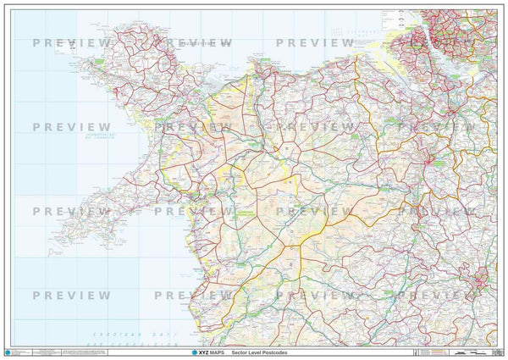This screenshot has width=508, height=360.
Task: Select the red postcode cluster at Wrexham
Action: click(x=435, y=158)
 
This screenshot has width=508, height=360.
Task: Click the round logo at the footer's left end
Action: click(x=10, y=350)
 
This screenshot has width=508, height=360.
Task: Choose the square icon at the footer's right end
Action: click(x=498, y=350)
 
